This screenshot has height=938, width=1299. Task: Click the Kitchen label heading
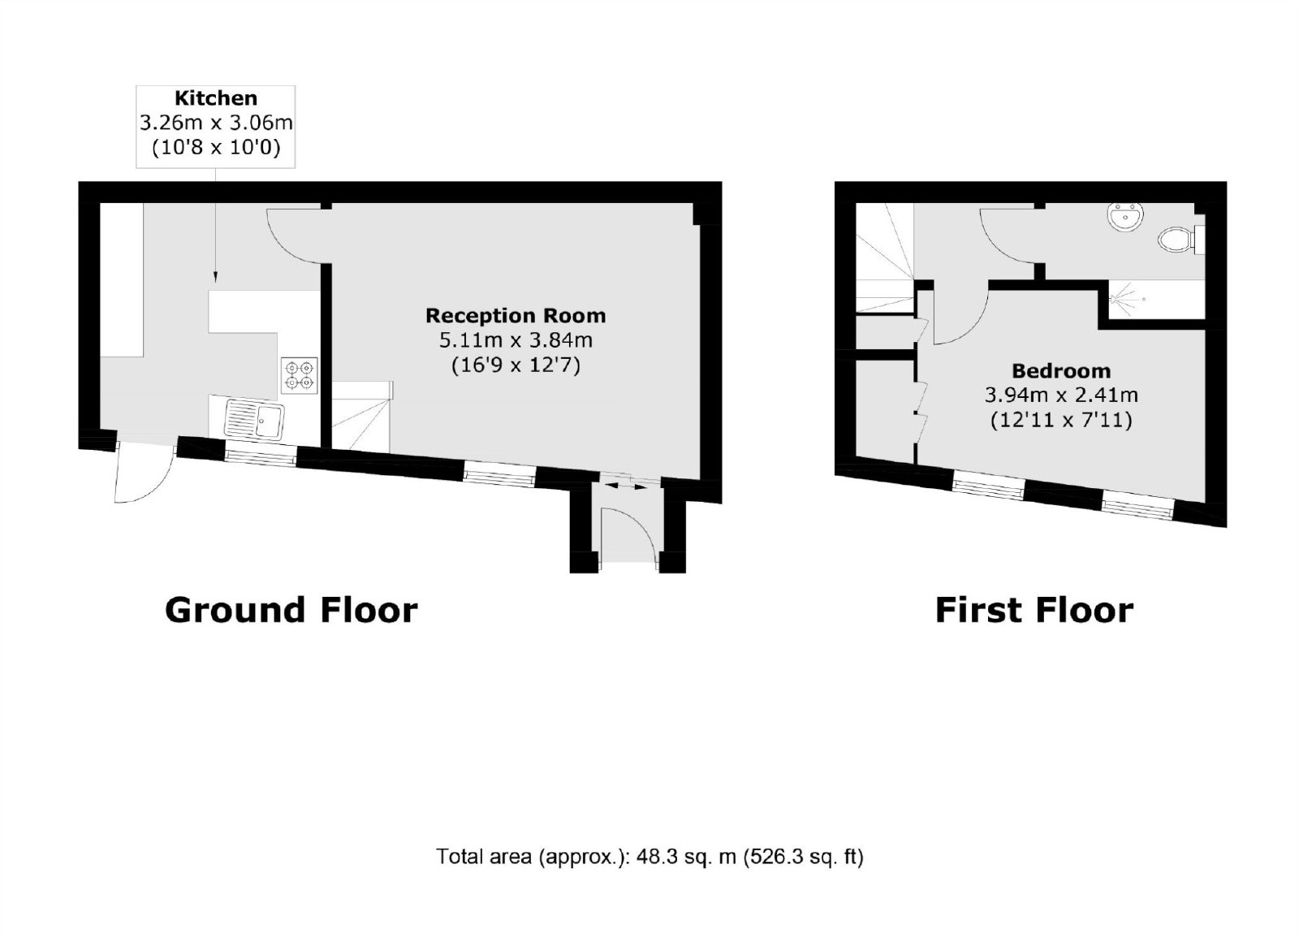[x=216, y=98]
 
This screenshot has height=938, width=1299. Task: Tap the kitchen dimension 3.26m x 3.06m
[x=216, y=123]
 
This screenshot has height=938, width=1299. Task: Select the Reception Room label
[x=516, y=316]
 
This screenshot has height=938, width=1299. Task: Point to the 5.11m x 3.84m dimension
[x=516, y=340]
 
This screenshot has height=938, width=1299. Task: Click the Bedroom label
[x=1061, y=370]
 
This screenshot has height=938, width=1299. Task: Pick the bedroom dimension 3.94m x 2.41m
[x=1061, y=395]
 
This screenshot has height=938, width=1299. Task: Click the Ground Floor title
[x=291, y=610]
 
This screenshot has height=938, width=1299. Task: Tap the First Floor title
[x=1034, y=610]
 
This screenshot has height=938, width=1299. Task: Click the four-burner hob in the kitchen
[x=300, y=375]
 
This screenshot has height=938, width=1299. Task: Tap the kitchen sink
[x=255, y=418]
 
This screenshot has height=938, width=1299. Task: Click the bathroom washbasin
[x=1125, y=218]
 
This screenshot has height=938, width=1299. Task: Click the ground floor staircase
[x=362, y=417]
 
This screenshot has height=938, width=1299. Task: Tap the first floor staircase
[x=885, y=258]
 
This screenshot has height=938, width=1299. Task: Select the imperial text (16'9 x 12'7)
[x=516, y=365]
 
